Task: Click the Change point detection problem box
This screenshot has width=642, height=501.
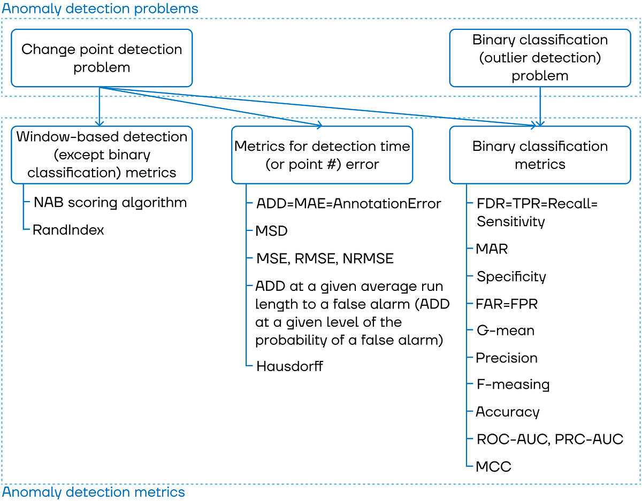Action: coord(102,58)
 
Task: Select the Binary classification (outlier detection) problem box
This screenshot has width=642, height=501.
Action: coord(540,58)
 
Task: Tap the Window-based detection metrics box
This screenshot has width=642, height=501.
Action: coord(102,155)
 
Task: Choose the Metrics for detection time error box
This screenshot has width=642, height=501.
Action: coord(322,155)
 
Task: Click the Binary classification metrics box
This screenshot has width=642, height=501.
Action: coord(540,155)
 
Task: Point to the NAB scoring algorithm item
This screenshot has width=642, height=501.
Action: coord(110,203)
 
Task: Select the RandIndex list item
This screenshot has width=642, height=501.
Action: coord(68,230)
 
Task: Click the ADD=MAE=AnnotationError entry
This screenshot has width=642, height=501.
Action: coord(349,204)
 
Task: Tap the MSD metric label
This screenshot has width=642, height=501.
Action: coord(272,232)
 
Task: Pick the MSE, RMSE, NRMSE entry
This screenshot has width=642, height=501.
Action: coord(325,259)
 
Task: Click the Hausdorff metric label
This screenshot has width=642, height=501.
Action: coord(289,366)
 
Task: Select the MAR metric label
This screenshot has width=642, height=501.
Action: coord(492,249)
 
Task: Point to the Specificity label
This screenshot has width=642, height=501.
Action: coord(511,277)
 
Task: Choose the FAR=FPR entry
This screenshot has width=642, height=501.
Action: coord(507,304)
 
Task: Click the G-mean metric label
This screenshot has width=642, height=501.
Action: coord(506,331)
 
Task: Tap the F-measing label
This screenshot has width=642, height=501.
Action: coord(513,385)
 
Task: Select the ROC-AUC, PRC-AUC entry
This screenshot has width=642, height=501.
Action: coord(550,440)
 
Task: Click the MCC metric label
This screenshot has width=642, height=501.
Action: coord(493,467)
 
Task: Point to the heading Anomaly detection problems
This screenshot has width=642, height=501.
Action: coord(100,9)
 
